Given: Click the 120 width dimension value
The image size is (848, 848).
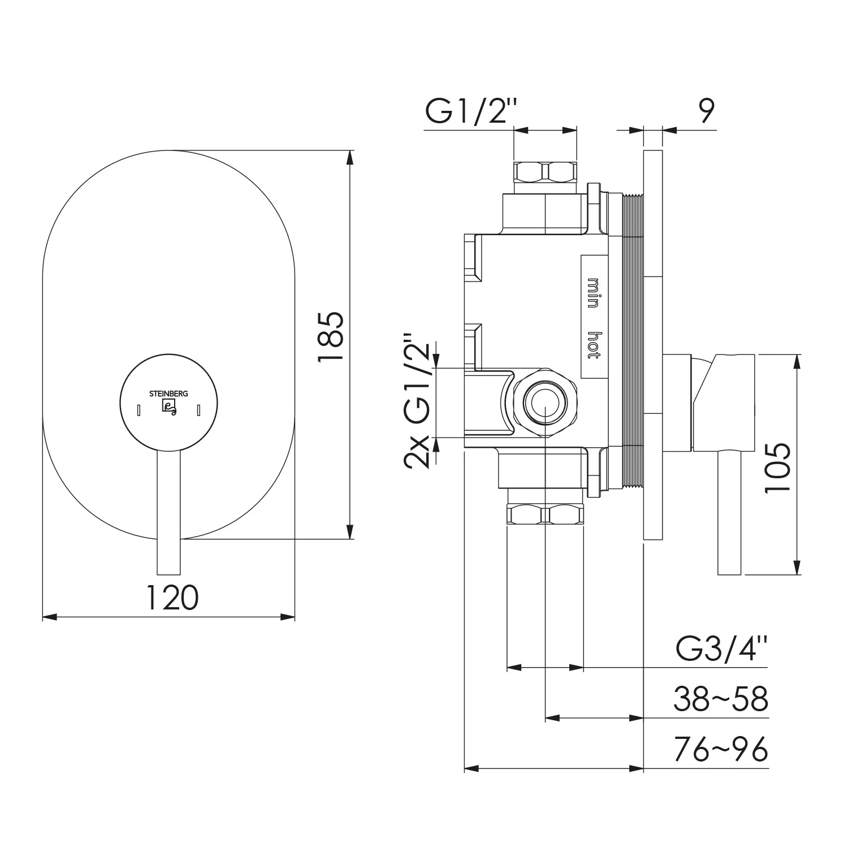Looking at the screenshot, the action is [172, 598].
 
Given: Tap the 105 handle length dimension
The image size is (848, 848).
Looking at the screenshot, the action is [777, 468].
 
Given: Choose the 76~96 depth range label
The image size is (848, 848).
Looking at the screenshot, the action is [721, 750].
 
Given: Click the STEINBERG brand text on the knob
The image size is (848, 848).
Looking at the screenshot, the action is [168, 394].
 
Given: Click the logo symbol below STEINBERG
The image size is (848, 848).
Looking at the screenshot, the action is [169, 408].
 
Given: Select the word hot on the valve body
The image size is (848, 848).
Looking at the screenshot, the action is [593, 345].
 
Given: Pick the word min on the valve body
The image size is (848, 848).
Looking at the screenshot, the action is [593, 293].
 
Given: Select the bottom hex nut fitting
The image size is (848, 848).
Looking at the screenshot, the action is [545, 514].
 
